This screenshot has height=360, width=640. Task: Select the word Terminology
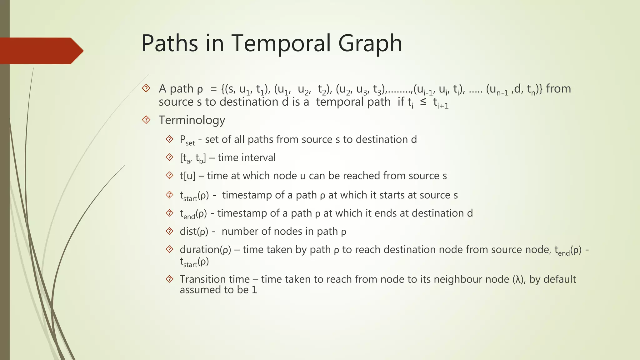point(192,120)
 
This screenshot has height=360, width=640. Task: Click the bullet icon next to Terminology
point(146,120)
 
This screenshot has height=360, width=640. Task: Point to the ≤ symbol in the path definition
point(423,102)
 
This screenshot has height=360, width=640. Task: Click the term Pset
point(187,140)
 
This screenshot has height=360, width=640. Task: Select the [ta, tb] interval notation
point(192,158)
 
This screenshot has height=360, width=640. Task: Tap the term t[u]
point(187,176)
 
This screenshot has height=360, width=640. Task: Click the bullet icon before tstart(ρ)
point(169,195)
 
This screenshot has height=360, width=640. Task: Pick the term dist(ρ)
point(194,232)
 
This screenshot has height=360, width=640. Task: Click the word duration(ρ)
point(205,250)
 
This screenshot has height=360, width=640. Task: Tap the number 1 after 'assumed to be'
point(254,290)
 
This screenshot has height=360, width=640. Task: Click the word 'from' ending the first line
point(558,89)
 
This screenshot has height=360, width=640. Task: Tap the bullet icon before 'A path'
point(146,89)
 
